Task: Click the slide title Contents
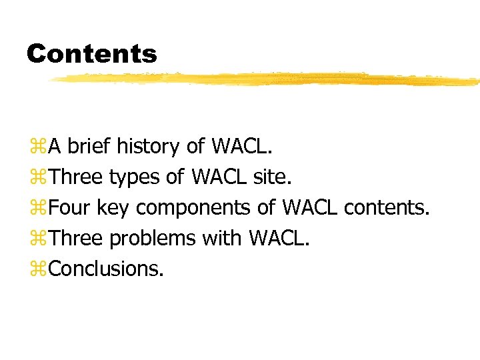click(x=92, y=53)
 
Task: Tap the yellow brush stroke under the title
click(x=267, y=79)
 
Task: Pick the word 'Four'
click(x=70, y=207)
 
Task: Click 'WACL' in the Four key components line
click(x=310, y=207)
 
